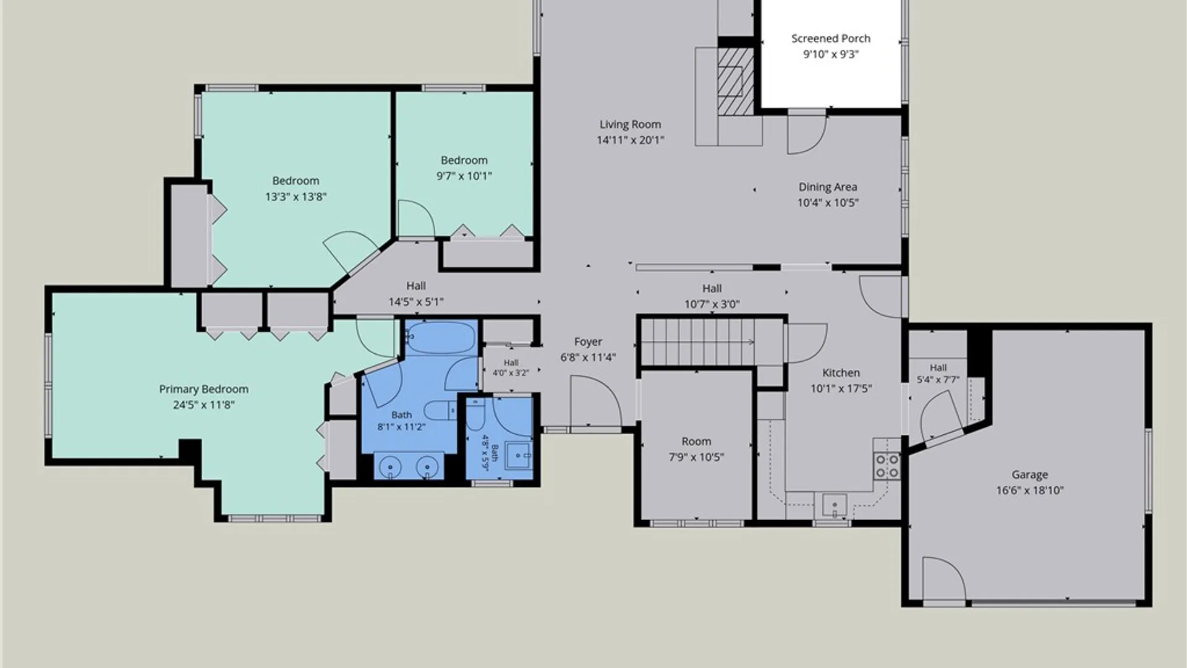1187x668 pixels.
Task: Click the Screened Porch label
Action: pyautogui.click(x=830, y=38)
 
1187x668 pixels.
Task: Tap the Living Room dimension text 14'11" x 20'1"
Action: pyautogui.click(x=630, y=140)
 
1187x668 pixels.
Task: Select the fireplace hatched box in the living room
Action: pyautogui.click(x=736, y=81)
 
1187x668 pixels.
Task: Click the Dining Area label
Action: pyautogui.click(x=827, y=187)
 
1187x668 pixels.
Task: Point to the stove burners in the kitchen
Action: pyautogui.click(x=887, y=466)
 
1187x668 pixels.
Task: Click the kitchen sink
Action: pyautogui.click(x=834, y=505)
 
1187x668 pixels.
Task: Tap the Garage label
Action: pyautogui.click(x=1029, y=475)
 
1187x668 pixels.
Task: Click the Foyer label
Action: pyautogui.click(x=587, y=341)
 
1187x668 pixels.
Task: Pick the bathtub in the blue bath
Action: pyautogui.click(x=441, y=338)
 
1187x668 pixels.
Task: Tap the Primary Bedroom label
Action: pyautogui.click(x=203, y=389)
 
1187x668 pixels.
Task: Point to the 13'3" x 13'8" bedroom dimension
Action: pyautogui.click(x=296, y=197)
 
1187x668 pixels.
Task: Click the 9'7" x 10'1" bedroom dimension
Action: pyautogui.click(x=464, y=176)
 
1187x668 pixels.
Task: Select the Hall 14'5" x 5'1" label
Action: pyautogui.click(x=416, y=294)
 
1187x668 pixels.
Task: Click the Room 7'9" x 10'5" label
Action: pyautogui.click(x=696, y=449)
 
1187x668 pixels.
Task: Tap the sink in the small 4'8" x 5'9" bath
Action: pyautogui.click(x=518, y=455)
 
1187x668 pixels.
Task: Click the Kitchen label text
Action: pyautogui.click(x=841, y=373)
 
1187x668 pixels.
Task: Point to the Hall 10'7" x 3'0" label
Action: pyautogui.click(x=712, y=296)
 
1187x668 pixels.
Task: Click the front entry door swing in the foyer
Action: pyautogui.click(x=595, y=402)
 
